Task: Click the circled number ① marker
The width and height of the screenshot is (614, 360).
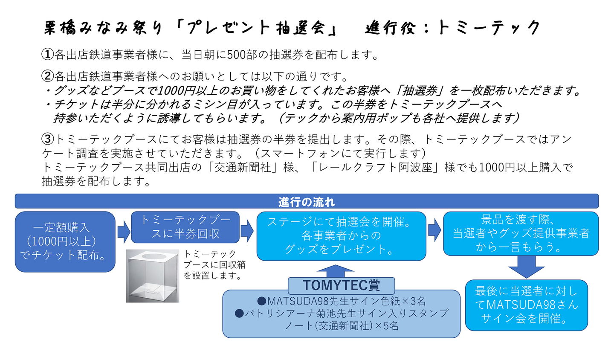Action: pos(47,54)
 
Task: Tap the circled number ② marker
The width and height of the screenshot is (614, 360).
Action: pos(47,76)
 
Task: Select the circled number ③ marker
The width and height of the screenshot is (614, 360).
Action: pos(48,139)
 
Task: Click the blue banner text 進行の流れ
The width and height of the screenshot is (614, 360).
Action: pos(307,201)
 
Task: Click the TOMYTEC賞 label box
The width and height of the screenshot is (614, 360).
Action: pos(341,285)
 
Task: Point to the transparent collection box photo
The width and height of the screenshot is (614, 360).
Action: pos(152,276)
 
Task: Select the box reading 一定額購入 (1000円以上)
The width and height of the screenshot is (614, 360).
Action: pos(65,241)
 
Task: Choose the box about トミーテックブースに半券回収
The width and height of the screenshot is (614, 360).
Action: pos(185,227)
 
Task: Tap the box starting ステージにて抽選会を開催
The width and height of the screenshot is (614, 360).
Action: pos(341,235)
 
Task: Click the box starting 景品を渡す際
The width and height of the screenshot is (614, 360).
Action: pos(521,233)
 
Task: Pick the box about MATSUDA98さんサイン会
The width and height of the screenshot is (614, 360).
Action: pos(526,305)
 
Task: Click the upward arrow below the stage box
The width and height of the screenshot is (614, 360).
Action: pos(336,270)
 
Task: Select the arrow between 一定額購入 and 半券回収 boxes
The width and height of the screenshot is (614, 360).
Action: pos(123,232)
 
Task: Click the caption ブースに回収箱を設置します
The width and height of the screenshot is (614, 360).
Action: pos(214,265)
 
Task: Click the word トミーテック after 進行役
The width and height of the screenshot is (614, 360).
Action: pos(488,28)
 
